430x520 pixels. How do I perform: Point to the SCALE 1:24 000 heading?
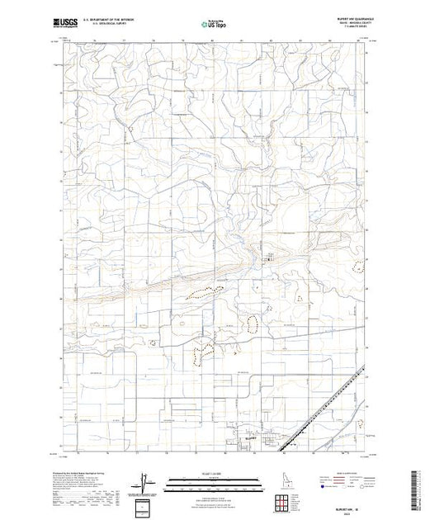click(x=215, y=474)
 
